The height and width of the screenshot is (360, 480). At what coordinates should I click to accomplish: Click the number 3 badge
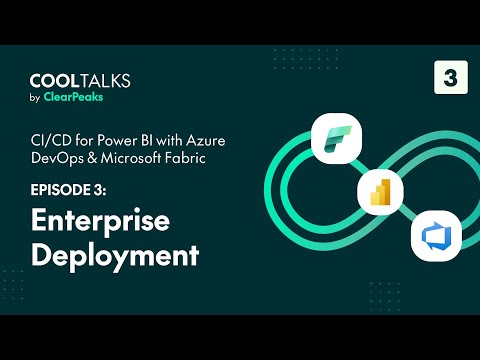click(x=451, y=78)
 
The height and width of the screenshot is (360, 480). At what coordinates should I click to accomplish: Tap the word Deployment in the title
click(x=114, y=253)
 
